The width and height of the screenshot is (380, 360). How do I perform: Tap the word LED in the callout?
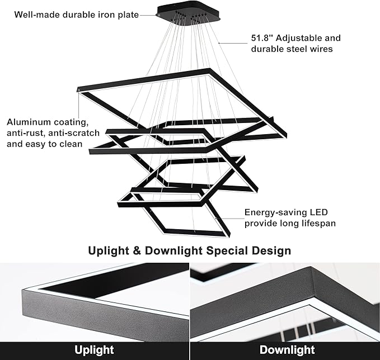pos(318,212)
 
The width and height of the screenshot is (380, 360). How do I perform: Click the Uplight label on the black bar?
pos(95,350)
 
